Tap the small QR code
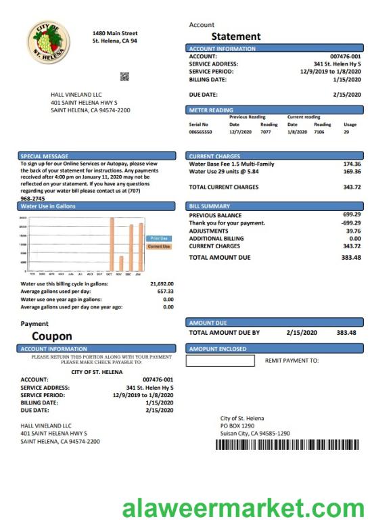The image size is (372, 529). coord(124,76)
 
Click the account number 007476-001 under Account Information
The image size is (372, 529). coord(346,56)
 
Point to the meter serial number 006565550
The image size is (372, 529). coord(200,133)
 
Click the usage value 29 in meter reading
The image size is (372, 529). coord(346,133)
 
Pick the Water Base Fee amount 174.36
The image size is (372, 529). coord(352,164)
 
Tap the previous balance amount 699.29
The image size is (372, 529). coord(352,214)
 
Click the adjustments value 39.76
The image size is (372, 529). coord(353,230)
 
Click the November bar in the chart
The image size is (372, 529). coord(121,262)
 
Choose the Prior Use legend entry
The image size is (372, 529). coord(159,238)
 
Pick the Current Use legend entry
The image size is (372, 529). coord(159,246)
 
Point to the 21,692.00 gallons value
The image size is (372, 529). coord(162,283)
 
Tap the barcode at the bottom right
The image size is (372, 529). coord(287,445)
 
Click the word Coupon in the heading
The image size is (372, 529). coord(51,336)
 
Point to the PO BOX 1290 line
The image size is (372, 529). coord(237,425)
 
